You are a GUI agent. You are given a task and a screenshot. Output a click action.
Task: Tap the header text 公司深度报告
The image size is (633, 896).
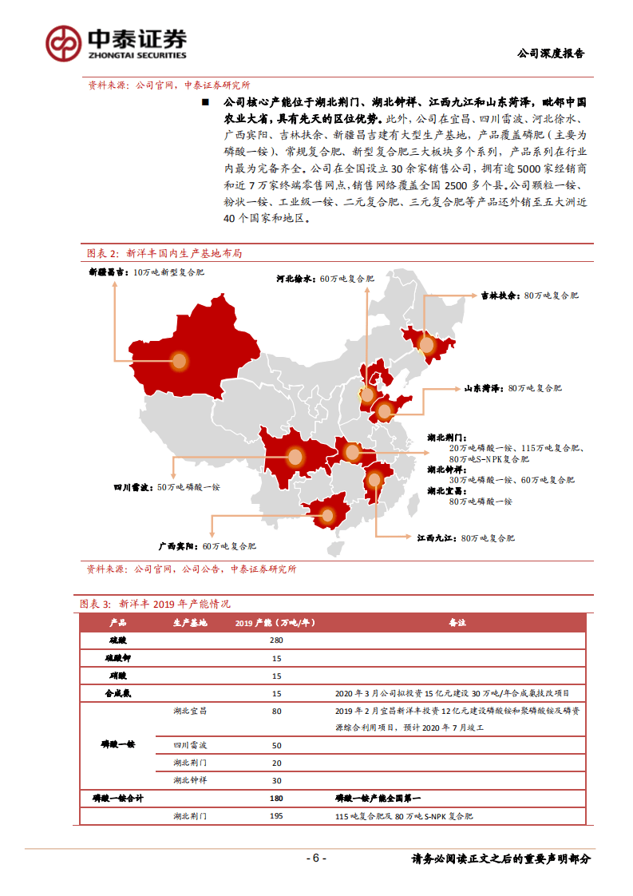coord(551,54)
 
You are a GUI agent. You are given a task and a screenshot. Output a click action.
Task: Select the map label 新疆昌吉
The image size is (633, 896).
coord(107,272)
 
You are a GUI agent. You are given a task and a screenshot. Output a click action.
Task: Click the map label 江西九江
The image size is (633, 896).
coord(436,538)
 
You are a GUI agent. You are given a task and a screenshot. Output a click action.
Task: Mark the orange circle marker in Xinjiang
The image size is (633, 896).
coord(179,361)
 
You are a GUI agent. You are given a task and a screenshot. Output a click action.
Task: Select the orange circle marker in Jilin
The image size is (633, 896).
coord(427,345)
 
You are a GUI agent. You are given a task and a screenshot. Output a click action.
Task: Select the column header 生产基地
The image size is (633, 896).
coord(190,623)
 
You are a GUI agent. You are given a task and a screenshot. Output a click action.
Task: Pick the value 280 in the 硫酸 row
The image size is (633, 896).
coord(277,640)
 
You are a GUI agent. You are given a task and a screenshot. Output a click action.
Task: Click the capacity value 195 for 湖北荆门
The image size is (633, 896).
coord(277,816)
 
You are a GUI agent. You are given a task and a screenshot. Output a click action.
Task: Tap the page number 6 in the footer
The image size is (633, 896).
coord(316,858)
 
